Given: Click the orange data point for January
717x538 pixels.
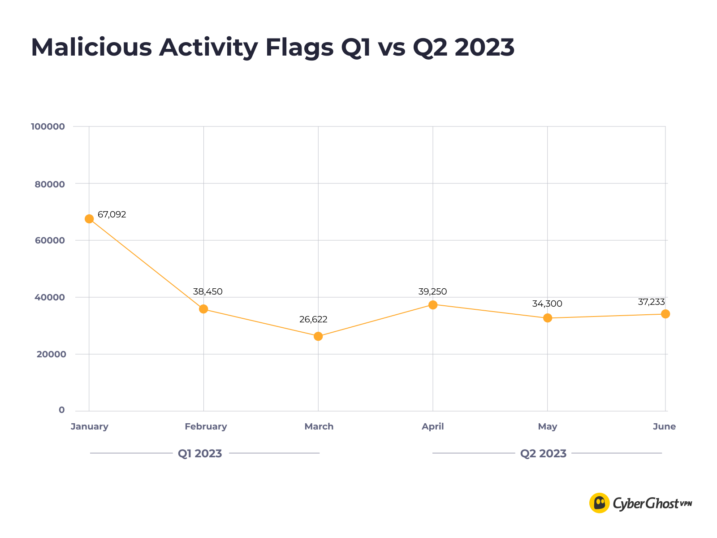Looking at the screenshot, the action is point(89,219).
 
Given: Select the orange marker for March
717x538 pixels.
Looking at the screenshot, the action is point(318,336).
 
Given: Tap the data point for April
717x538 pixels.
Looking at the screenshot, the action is point(433,305).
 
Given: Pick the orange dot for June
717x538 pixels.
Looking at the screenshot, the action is point(665,314).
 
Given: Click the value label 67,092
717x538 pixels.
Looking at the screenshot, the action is point(112,215).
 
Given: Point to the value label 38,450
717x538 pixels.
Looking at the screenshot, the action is point(208,292).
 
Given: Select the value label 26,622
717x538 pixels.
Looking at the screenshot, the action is point(313,320).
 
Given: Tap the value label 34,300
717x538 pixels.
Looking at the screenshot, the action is point(547,304).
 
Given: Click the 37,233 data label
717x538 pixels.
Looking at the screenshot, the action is point(651,302).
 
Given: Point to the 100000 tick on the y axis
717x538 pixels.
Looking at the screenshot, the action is point(48,127).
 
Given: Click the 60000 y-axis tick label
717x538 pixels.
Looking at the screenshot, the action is point(50,240).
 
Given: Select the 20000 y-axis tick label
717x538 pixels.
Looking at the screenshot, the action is point(51,355).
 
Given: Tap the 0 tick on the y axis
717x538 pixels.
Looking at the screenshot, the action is point(62,410).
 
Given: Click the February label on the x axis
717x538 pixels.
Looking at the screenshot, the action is point(206,427).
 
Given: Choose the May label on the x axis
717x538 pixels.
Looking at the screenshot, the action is point(548,427).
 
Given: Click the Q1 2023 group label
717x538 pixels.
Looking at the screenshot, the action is point(200,454).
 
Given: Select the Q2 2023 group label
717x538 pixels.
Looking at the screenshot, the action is point(543,454).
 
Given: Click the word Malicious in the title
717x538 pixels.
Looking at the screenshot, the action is point(91,47).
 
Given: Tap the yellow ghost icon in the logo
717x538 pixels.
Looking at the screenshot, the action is point(600,503).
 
